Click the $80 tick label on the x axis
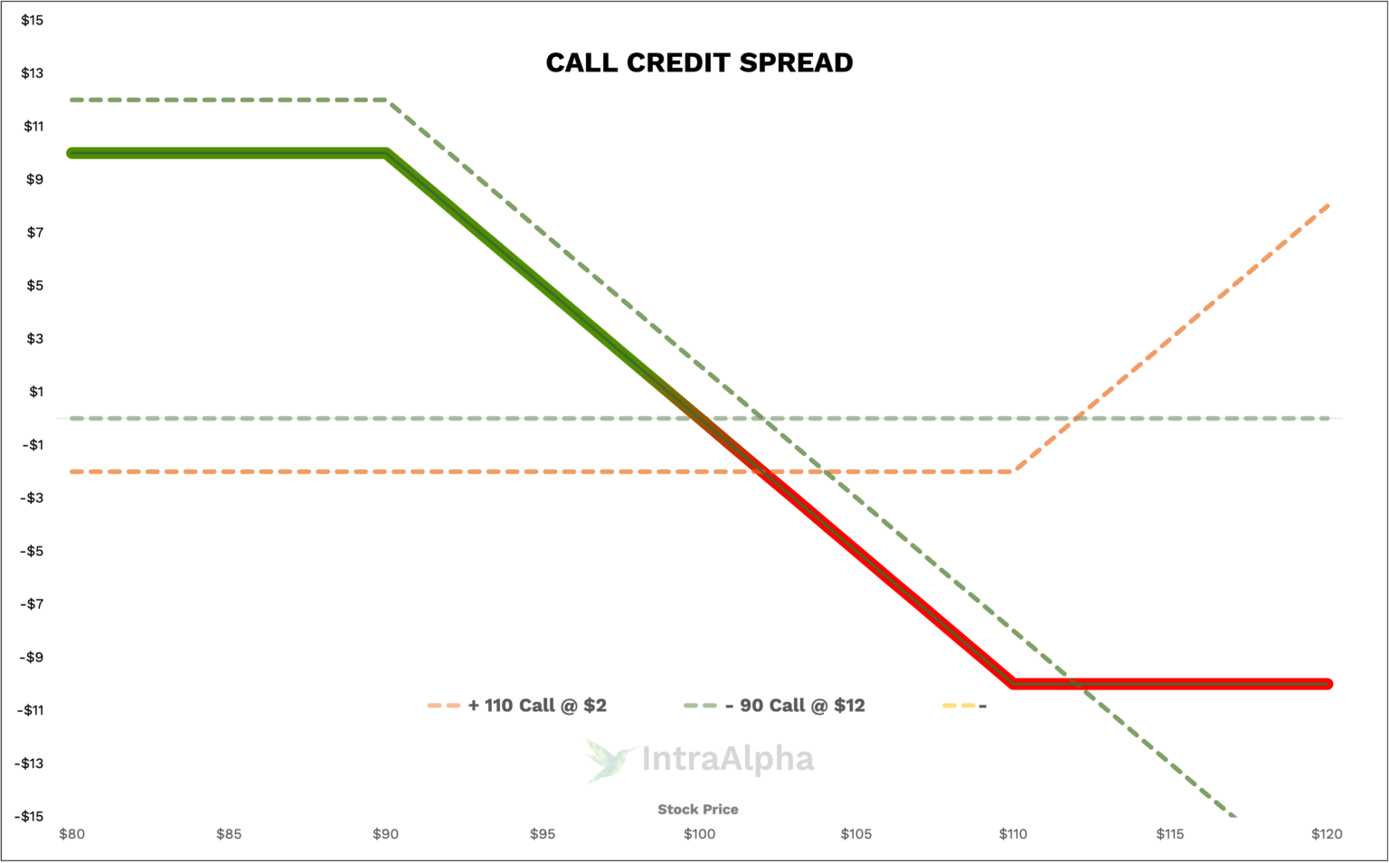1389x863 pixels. point(71,834)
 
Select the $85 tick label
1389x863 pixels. point(229,834)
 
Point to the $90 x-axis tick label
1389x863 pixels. point(385,834)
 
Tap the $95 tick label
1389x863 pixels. point(543,834)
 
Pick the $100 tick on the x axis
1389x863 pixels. point(699,834)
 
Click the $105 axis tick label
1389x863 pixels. point(856,834)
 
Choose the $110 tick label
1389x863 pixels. point(1013,834)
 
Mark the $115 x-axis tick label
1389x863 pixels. point(1170,834)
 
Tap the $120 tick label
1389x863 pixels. point(1327,834)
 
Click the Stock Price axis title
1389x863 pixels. point(698,810)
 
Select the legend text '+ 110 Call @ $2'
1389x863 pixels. point(537,706)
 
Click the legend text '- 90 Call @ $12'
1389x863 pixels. point(795,706)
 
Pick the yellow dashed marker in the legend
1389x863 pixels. point(959,706)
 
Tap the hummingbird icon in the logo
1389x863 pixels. point(609,759)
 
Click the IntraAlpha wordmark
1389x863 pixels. point(728,759)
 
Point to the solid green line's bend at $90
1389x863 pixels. point(387,153)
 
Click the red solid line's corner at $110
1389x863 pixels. point(1013,683)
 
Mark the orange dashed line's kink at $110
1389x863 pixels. point(1015,470)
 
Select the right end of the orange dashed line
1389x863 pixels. point(1328,206)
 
